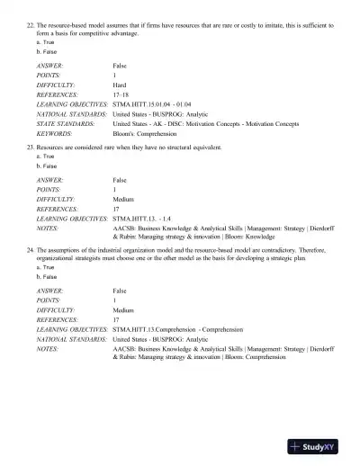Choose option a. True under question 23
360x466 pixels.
pyautogui.click(x=45, y=156)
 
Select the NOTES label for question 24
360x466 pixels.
pyautogui.click(x=48, y=346)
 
